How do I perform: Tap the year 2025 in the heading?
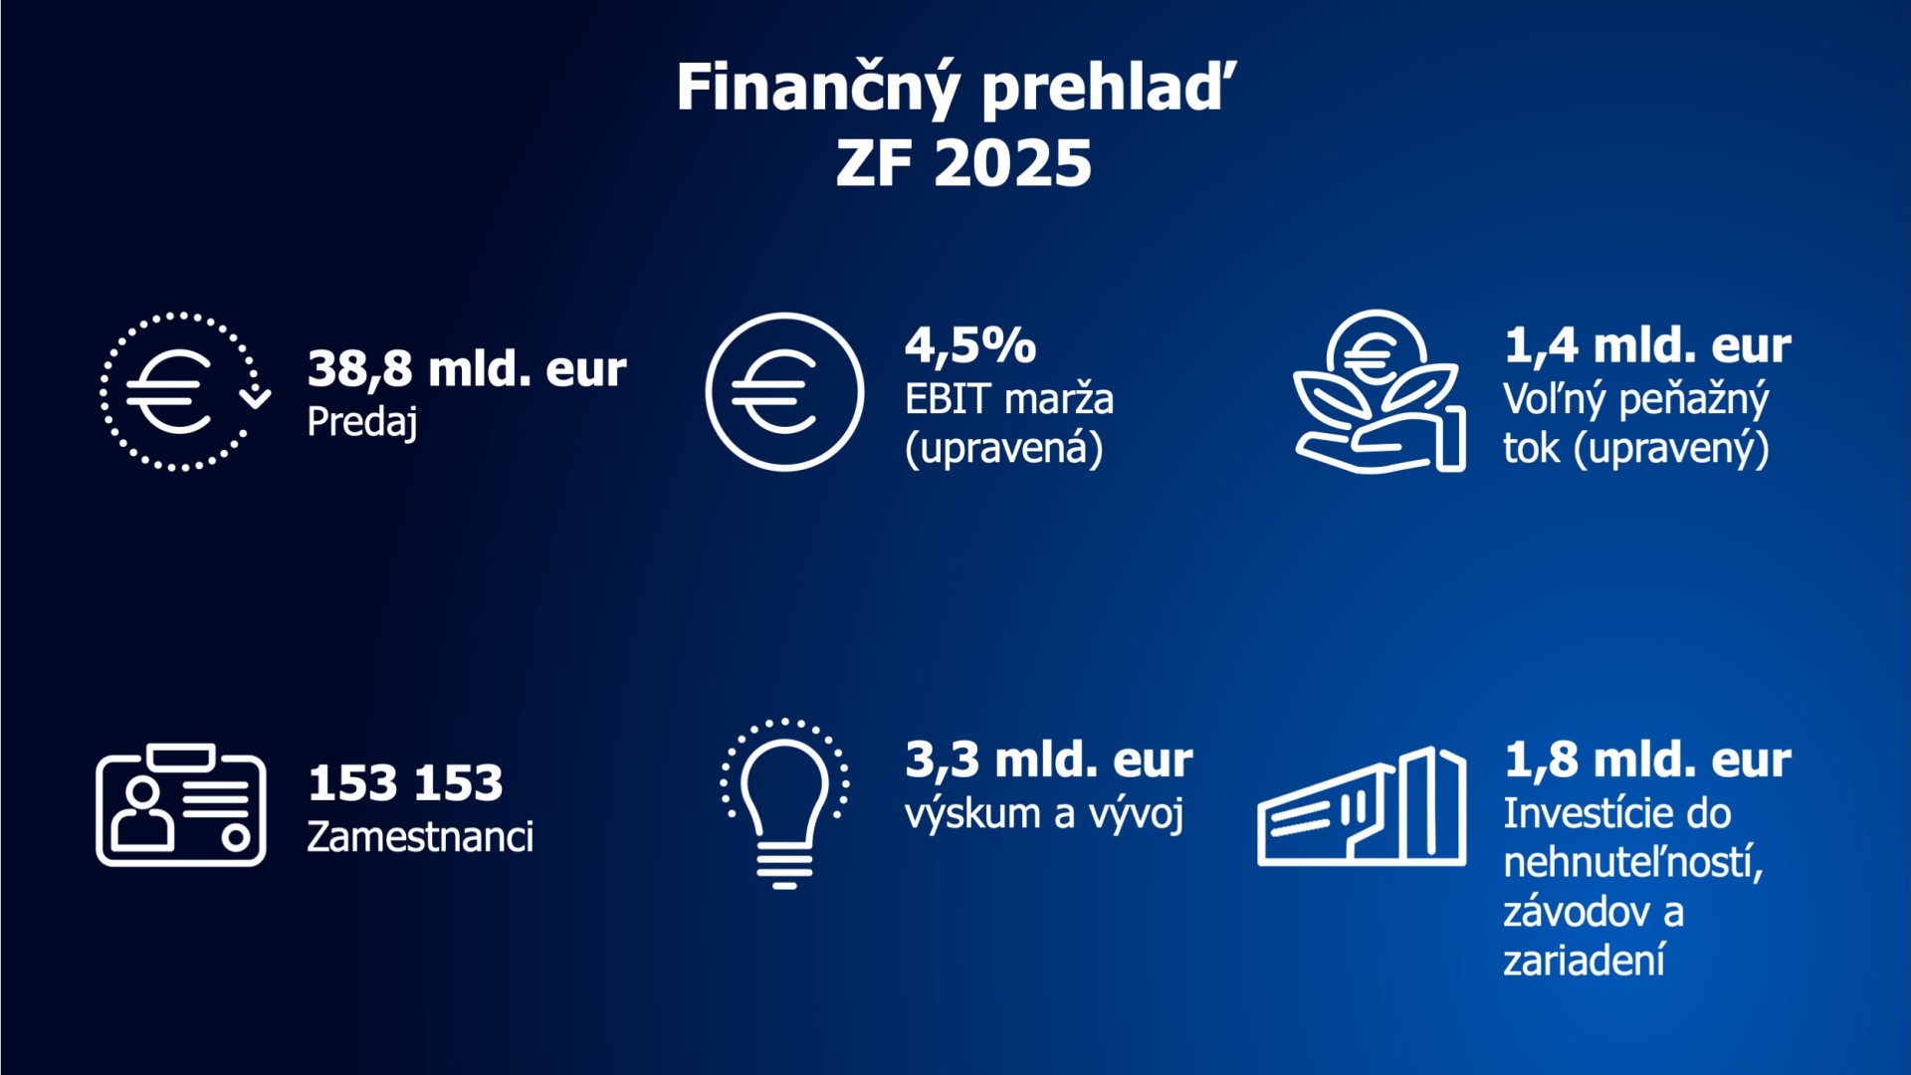[1013, 164]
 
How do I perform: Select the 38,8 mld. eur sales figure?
[467, 369]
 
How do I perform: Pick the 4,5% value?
[970, 345]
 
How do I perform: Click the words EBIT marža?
[1009, 399]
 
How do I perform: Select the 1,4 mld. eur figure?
[1647, 345]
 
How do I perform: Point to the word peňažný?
[1694, 400]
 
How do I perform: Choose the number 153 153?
[405, 783]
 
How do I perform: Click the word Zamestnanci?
[420, 837]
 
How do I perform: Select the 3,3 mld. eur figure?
[1049, 760]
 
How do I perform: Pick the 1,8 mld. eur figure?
[1647, 760]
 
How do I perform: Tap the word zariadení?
[1584, 961]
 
